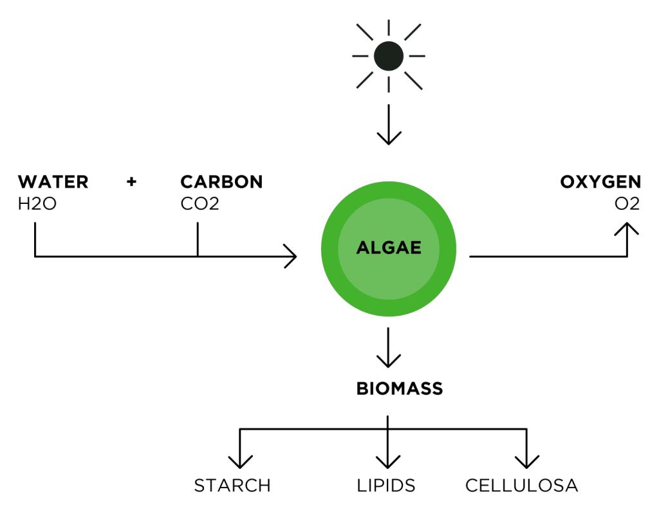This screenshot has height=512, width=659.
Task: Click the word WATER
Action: [x=53, y=182]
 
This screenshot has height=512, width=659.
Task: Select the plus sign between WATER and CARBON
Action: [x=132, y=182]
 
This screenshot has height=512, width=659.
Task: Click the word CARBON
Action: [x=221, y=182]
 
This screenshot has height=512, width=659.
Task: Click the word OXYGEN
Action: [x=600, y=182]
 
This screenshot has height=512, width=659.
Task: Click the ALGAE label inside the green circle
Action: [x=389, y=248]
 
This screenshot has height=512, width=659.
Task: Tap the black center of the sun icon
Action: [x=388, y=56]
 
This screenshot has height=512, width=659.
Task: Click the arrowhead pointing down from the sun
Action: [x=388, y=138]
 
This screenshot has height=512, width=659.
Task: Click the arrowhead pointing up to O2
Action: [x=627, y=228]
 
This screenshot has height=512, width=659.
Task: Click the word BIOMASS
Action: [x=400, y=389]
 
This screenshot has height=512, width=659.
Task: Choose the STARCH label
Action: [x=232, y=485]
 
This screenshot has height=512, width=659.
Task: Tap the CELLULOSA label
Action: [x=522, y=485]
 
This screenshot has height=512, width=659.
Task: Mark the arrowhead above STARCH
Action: [x=240, y=462]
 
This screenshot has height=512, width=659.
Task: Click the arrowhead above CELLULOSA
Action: [x=527, y=462]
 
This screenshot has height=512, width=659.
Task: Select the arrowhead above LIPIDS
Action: [x=388, y=462]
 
